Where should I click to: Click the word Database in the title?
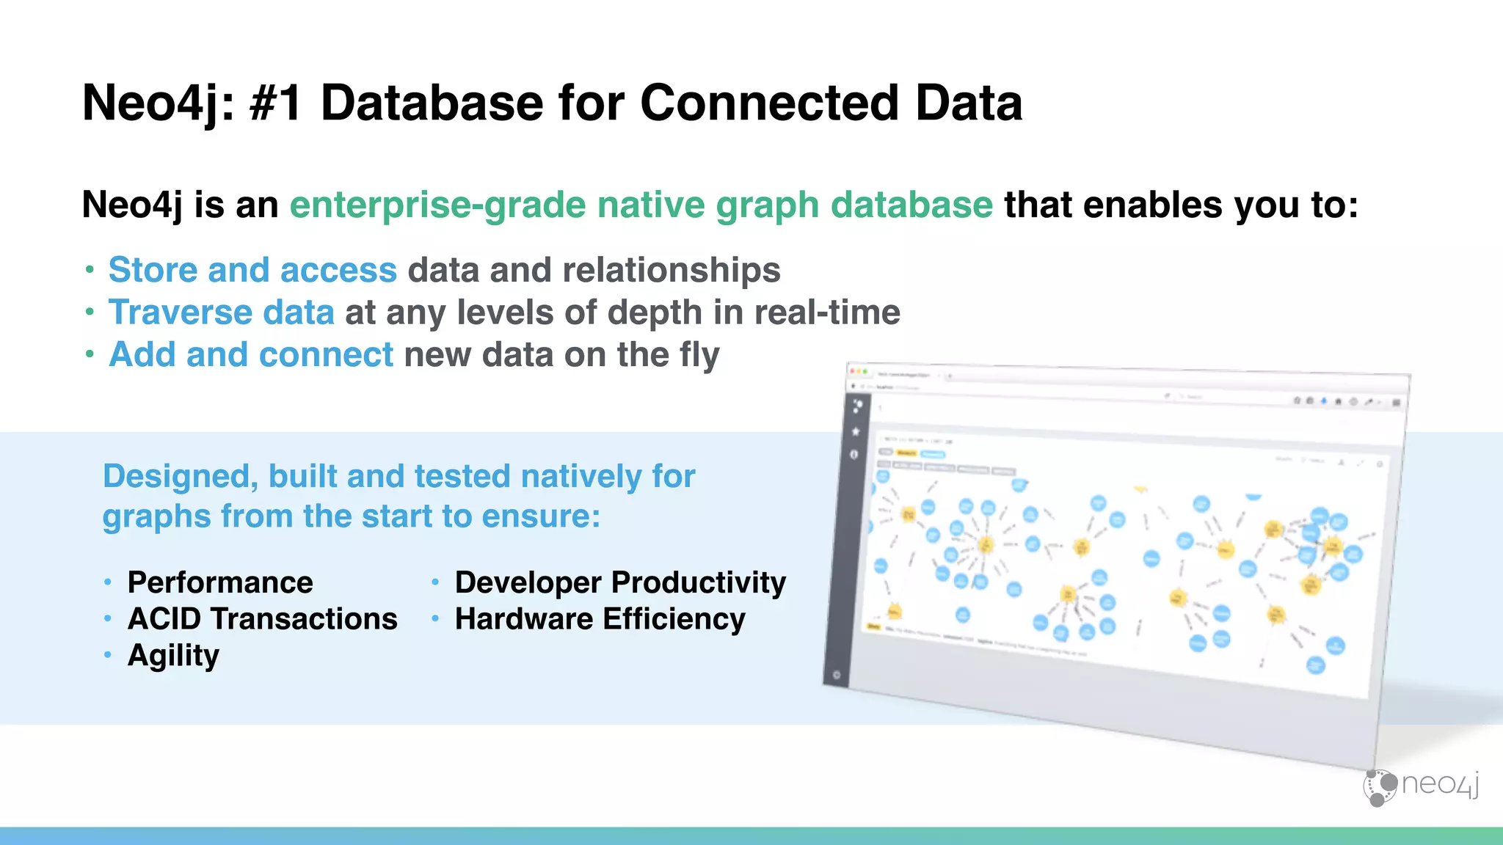click(432, 103)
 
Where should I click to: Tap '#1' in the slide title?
click(275, 103)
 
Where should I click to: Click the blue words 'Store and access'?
click(252, 270)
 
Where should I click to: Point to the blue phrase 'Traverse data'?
click(222, 312)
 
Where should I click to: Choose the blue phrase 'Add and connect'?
click(251, 355)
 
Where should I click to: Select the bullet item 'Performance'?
click(220, 582)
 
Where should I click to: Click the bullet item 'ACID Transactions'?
click(262, 619)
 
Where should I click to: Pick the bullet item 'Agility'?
click(173, 656)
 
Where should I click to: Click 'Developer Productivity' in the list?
click(620, 582)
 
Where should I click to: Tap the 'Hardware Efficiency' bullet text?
click(600, 619)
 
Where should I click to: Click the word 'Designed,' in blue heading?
click(180, 477)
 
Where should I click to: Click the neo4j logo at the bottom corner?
click(1421, 786)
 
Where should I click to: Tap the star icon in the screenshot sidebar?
click(856, 432)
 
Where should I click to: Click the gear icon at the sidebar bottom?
click(837, 675)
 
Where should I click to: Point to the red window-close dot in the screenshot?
click(852, 371)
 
